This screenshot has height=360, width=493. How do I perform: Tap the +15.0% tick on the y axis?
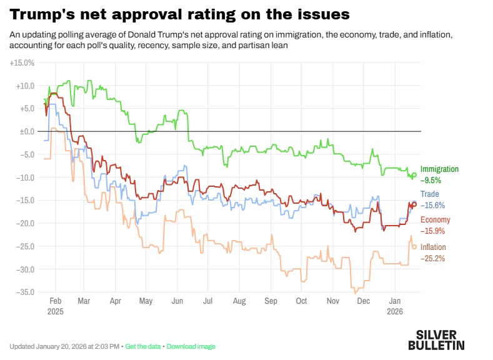point(22,63)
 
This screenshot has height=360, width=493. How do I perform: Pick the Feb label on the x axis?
point(55,301)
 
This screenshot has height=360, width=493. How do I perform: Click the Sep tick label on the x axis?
point(271,301)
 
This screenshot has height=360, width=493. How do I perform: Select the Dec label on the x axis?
point(362,301)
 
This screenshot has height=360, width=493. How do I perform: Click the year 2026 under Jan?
point(395,311)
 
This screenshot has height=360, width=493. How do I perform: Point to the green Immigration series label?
point(439,169)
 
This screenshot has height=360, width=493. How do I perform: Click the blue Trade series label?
point(429,194)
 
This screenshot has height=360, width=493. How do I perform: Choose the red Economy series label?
point(435,219)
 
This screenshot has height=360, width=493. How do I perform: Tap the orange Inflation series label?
point(433,247)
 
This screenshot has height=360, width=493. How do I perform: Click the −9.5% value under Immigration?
point(431,180)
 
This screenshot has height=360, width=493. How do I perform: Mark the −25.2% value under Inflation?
point(432,258)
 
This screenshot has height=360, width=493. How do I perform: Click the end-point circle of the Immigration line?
point(414,175)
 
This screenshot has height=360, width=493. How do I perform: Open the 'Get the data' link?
point(144,346)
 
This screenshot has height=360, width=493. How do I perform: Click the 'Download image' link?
point(191,346)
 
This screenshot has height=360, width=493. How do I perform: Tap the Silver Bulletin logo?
point(436,339)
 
